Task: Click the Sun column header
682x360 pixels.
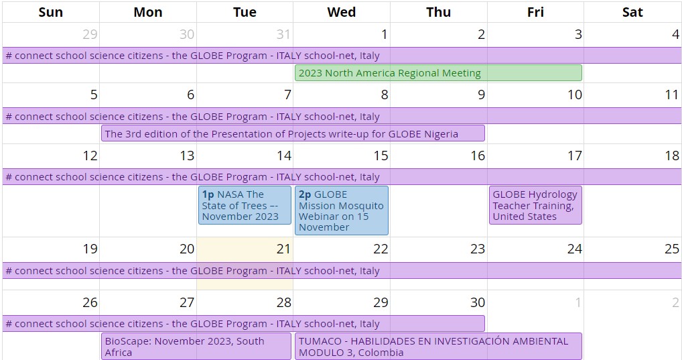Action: click(x=51, y=12)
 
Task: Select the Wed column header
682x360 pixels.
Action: click(x=341, y=12)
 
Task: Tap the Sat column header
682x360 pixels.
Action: click(x=632, y=12)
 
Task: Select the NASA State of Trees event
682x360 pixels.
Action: click(x=245, y=205)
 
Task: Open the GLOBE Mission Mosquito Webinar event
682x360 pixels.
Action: click(x=341, y=211)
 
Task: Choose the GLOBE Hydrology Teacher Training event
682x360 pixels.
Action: click(x=535, y=205)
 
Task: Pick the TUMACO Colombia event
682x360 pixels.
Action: click(x=437, y=347)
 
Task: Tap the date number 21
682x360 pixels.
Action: click(x=283, y=249)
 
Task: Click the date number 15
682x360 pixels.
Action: click(x=381, y=156)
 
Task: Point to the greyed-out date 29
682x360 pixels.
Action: click(x=90, y=35)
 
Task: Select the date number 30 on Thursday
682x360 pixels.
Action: click(x=477, y=303)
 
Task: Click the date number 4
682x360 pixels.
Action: click(x=675, y=35)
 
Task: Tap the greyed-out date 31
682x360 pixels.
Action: click(x=283, y=35)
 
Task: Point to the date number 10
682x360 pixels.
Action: click(x=574, y=95)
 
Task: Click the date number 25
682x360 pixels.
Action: click(x=671, y=249)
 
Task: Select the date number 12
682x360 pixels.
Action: click(x=90, y=156)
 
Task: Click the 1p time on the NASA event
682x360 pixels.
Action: click(x=208, y=194)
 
